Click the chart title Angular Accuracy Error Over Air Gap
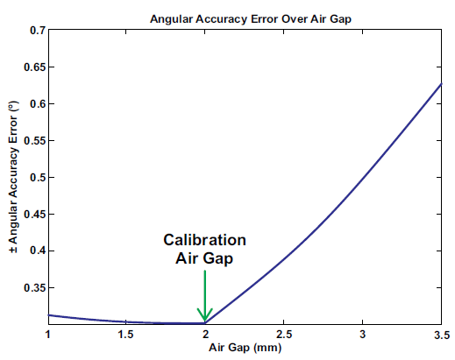(x=245, y=18)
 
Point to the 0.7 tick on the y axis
(x=36, y=31)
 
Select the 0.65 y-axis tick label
(x=33, y=67)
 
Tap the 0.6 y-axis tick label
(x=36, y=104)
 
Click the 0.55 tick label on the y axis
(x=33, y=141)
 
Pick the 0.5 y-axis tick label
(x=36, y=178)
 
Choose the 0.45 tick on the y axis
(x=33, y=215)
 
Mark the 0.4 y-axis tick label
(x=36, y=251)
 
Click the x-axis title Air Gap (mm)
(x=245, y=349)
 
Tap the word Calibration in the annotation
(x=205, y=240)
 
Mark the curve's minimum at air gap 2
(x=205, y=323)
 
